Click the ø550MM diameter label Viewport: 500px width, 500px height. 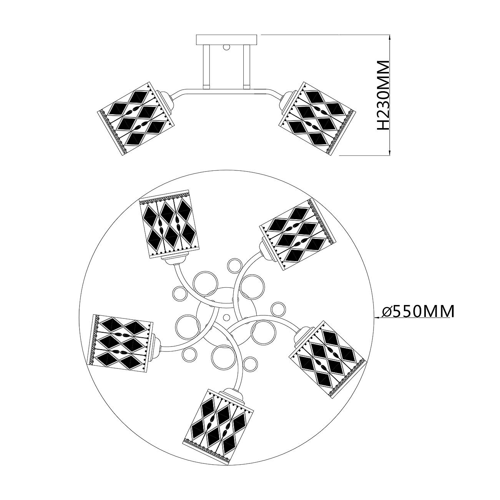point(418,311)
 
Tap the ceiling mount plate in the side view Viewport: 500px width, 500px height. point(226,40)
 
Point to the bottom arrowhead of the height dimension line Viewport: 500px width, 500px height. point(390,152)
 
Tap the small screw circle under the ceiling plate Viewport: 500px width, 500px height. point(226,48)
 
